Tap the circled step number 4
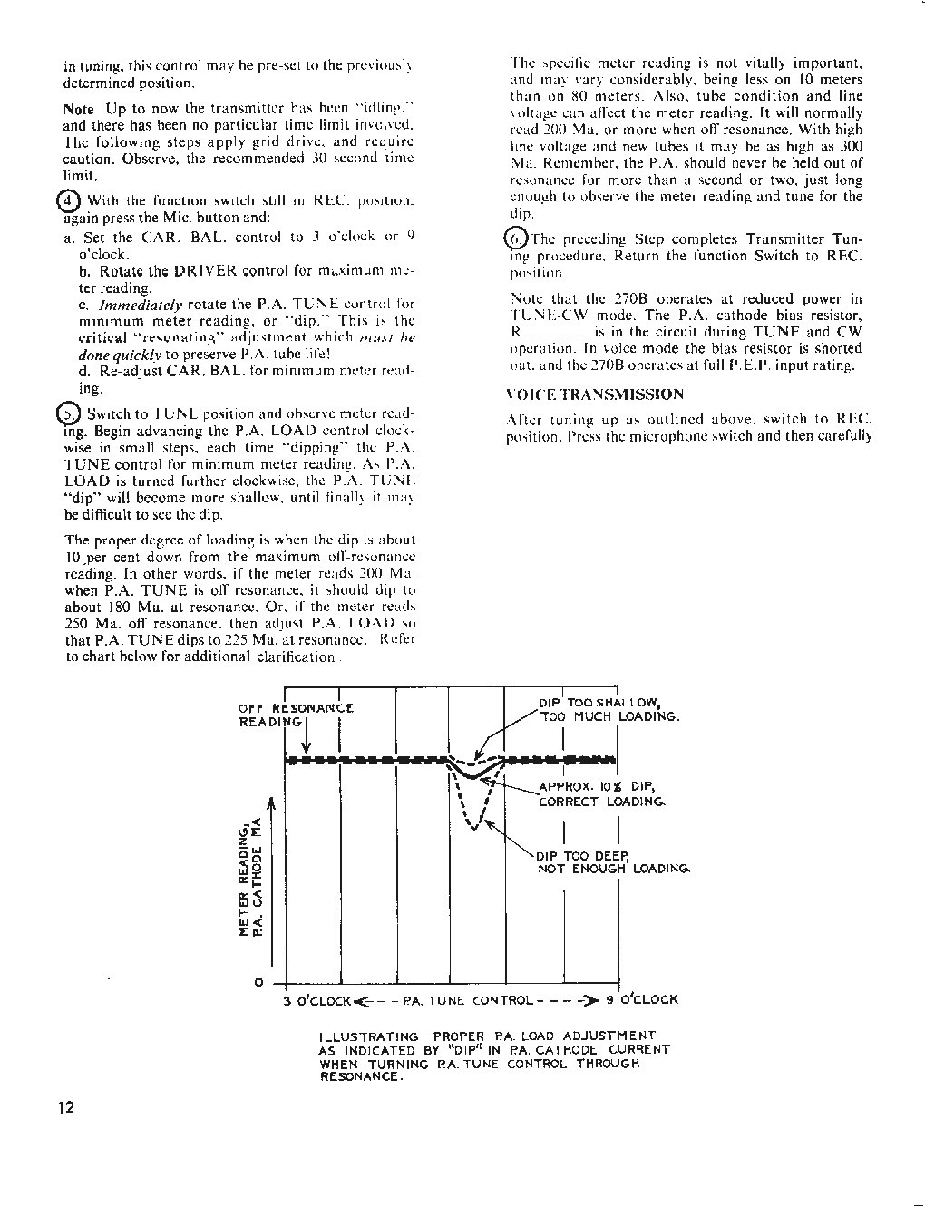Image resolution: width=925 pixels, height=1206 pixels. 69,200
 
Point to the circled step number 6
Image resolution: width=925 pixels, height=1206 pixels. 514,238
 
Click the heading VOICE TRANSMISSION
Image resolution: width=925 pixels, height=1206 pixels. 594,394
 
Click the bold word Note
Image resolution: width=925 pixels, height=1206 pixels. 79,109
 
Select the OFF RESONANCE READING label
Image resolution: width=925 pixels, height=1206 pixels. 295,715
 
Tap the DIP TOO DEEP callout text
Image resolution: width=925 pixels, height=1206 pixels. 613,861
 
